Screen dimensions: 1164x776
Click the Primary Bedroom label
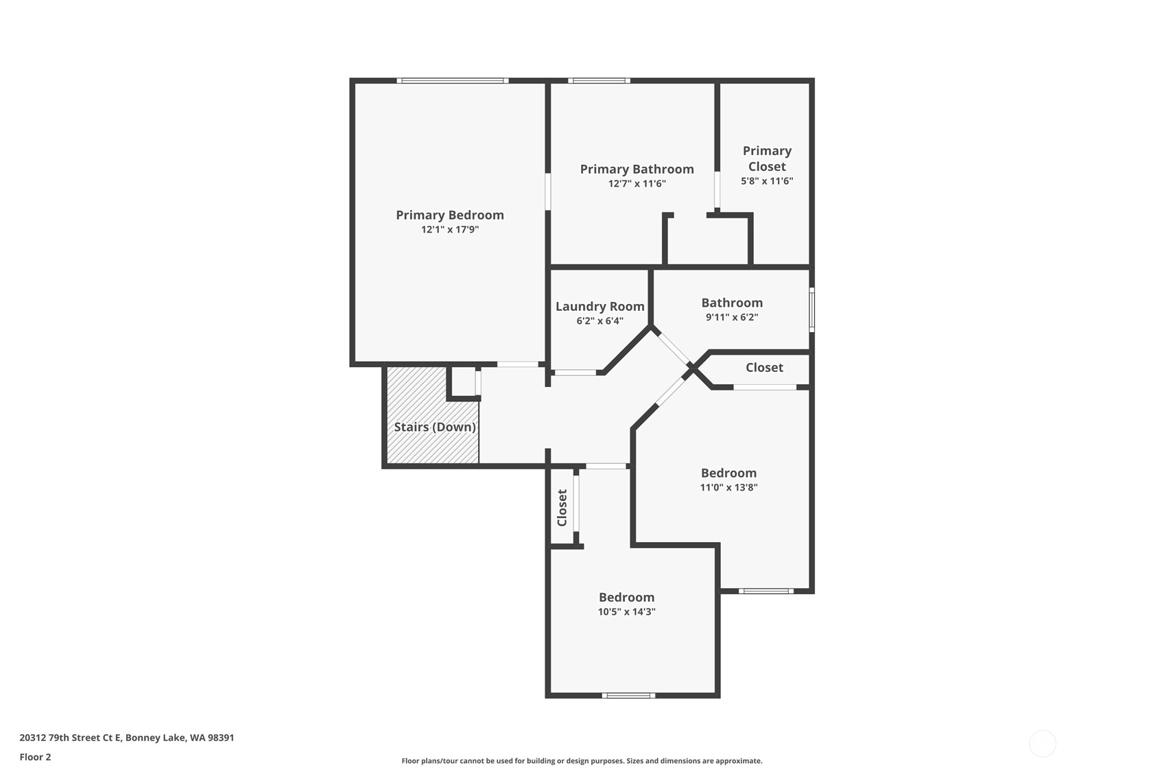point(449,215)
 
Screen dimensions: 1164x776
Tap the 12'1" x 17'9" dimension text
point(449,229)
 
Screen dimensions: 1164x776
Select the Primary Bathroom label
point(637,169)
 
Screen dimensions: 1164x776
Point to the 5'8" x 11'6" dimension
point(766,181)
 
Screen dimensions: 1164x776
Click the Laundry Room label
point(599,307)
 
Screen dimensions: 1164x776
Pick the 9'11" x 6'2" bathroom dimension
point(732,317)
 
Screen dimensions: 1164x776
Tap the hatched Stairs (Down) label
point(435,427)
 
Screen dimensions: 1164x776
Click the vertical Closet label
point(562,508)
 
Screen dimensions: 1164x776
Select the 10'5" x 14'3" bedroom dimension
point(626,612)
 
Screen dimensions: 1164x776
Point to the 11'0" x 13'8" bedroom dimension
point(728,488)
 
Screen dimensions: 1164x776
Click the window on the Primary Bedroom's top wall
point(452,80)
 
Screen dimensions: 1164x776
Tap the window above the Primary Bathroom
point(599,80)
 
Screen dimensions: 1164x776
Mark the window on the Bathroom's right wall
point(811,309)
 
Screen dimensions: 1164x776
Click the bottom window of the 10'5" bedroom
point(628,696)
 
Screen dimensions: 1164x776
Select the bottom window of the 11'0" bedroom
point(766,591)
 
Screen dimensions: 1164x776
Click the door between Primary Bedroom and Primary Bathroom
point(547,191)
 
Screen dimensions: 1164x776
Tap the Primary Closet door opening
point(717,190)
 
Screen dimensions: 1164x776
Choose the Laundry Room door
point(575,373)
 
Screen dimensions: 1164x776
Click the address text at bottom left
point(127,738)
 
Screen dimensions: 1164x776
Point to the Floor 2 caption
point(36,757)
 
